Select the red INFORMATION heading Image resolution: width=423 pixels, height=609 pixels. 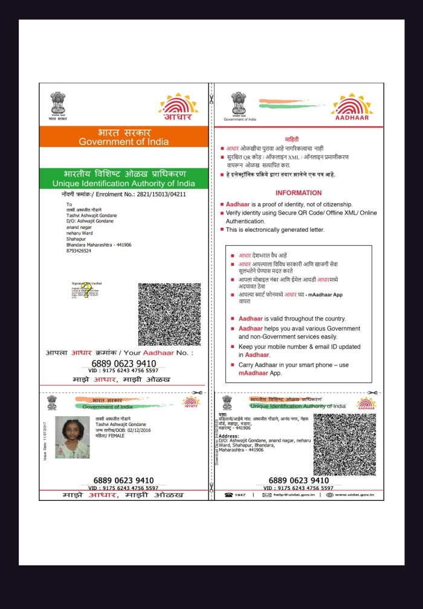click(299, 193)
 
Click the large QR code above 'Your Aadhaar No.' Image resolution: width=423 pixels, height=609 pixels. click(169, 314)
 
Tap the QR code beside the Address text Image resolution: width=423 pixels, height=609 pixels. click(344, 445)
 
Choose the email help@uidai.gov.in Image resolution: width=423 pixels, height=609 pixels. click(295, 495)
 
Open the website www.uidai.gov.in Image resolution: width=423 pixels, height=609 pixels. click(354, 495)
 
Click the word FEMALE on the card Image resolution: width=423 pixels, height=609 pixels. click(115, 435)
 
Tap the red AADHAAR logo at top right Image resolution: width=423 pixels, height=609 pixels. click(352, 109)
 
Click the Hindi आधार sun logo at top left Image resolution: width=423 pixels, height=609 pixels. click(178, 108)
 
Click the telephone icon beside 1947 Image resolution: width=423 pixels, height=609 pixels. click(229, 495)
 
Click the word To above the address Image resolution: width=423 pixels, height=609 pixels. click(69, 204)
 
